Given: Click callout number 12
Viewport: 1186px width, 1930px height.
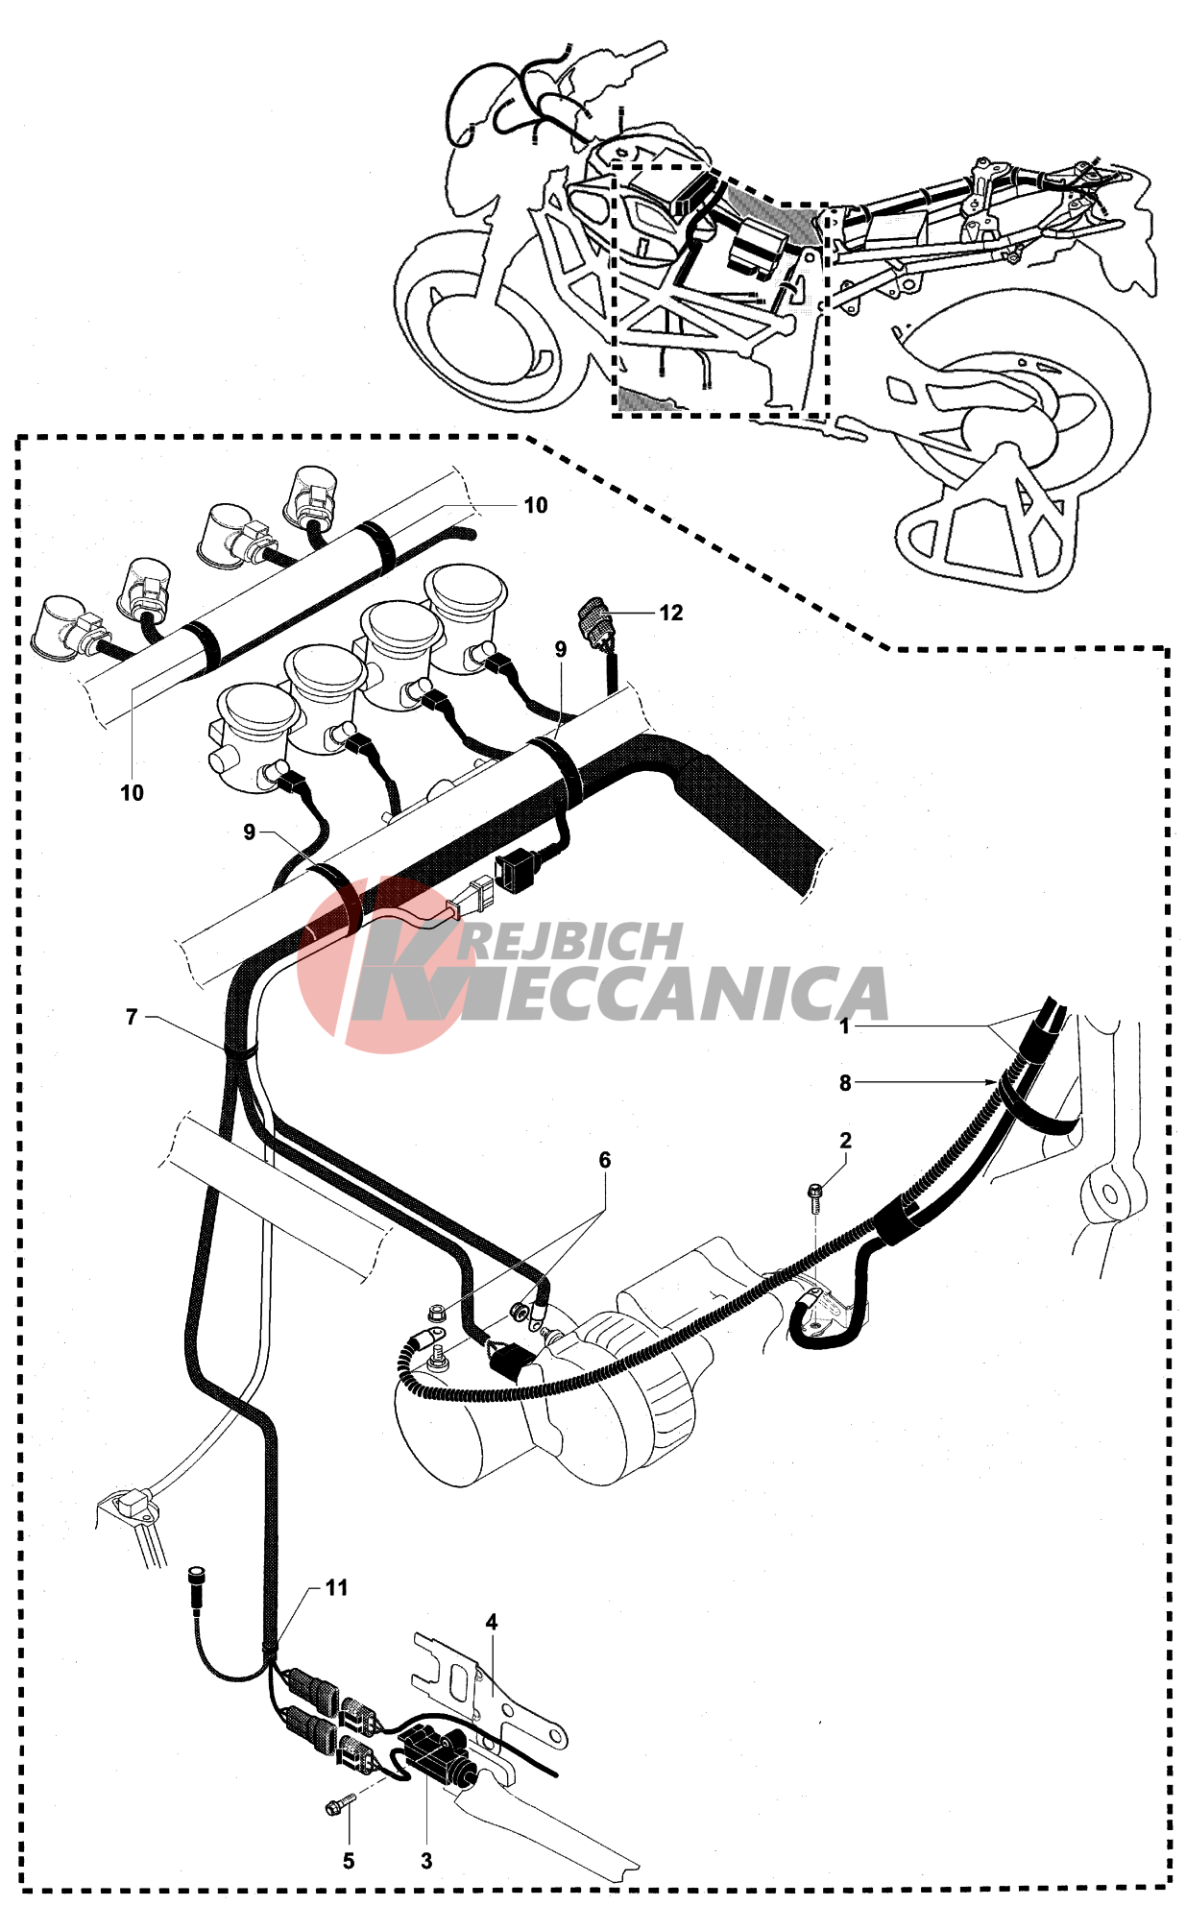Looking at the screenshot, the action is pos(670,613).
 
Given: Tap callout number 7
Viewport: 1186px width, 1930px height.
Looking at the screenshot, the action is pos(132,1017).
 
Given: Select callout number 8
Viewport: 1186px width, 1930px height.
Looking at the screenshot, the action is pos(845,1083).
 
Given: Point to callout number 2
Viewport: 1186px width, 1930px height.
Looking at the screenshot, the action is pos(845,1141).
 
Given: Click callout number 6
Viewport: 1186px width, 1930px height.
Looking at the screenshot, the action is pos(604,1160).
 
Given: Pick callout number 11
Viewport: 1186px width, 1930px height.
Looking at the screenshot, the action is pos(336,1588).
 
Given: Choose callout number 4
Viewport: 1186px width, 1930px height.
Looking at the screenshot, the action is pos(492,1622).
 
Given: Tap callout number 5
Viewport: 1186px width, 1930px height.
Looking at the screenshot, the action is pos(349,1861).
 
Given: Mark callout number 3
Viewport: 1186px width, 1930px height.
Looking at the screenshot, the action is pos(426,1861).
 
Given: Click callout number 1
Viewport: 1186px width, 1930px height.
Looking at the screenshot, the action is pos(844,1026).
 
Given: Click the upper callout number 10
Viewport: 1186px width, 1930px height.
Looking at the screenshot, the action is pos(535,506).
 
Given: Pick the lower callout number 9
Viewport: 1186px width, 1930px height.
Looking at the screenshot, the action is pos(250,832).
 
